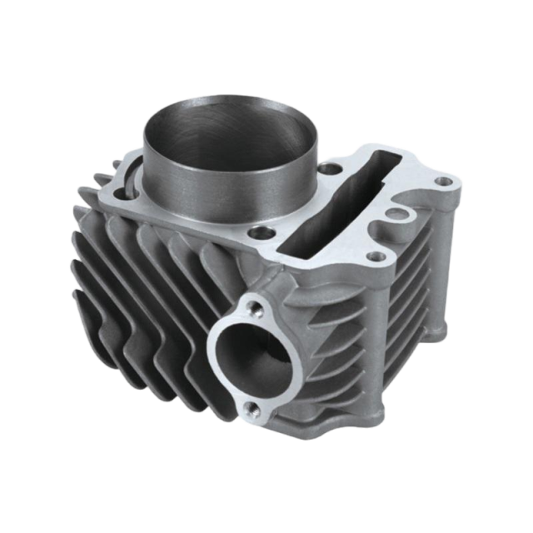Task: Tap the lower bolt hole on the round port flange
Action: tap(250, 407)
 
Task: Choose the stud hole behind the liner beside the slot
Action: tap(334, 172)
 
